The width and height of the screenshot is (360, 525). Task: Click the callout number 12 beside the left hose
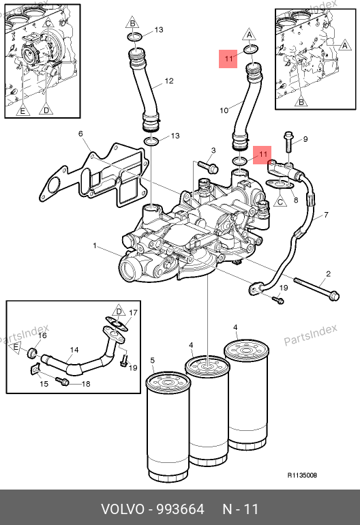[x=169, y=81]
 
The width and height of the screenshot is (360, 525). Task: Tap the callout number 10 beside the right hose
[x=224, y=110]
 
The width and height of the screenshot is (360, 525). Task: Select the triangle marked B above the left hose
[x=133, y=22]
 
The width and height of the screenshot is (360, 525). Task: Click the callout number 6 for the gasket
[x=80, y=134]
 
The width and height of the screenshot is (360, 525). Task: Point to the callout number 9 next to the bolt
[x=305, y=139]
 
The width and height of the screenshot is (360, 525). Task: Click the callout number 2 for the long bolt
[x=328, y=274]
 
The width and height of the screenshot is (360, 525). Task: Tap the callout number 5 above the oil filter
[x=152, y=360]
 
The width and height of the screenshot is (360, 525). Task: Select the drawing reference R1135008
[x=302, y=475]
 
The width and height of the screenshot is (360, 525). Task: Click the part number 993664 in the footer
[x=181, y=509]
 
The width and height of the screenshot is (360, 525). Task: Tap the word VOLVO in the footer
[x=123, y=509]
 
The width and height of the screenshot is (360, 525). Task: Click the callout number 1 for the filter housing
[x=95, y=246]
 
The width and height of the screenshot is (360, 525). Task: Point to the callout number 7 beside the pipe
[x=326, y=215]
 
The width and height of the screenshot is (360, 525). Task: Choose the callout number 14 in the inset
[x=74, y=350]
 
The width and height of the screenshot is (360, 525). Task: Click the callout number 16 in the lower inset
[x=42, y=335]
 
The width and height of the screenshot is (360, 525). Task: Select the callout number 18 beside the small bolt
[x=86, y=384]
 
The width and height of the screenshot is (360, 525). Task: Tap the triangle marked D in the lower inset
[x=119, y=311]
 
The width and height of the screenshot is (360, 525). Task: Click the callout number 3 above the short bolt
[x=213, y=150]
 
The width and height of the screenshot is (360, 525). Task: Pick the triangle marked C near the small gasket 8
[x=280, y=201]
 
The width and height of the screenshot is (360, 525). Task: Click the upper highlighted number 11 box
[x=228, y=59]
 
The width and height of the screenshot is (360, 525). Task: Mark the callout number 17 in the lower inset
[x=133, y=313]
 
